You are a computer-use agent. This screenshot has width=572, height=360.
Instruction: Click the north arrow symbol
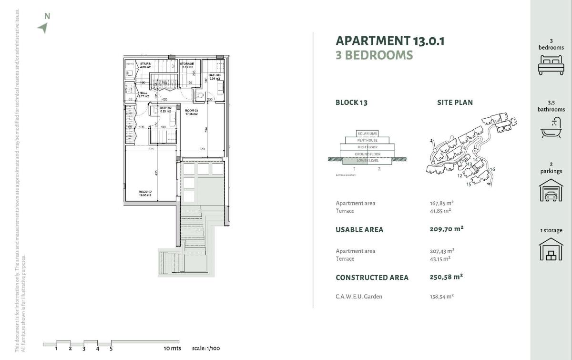[x=43, y=28]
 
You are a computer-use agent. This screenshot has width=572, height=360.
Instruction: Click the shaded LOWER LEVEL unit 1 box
[x=355, y=161]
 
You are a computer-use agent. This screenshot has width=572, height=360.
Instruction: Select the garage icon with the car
[x=551, y=190]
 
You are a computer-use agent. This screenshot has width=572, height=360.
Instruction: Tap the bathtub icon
[x=551, y=128]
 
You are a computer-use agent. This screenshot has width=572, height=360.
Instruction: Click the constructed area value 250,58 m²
[x=446, y=277]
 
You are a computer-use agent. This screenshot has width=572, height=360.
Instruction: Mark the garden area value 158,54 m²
[x=441, y=296]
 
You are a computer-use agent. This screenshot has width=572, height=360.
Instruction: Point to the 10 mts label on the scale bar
[x=172, y=349]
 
